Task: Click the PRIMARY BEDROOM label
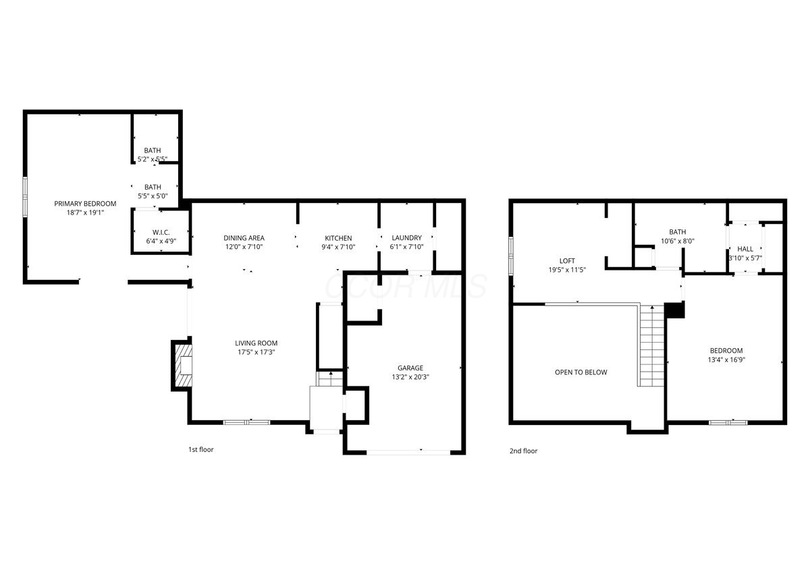pos(85,204)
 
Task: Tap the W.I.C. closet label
pos(161,233)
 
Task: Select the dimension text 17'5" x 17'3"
pos(256,352)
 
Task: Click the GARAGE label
pos(410,368)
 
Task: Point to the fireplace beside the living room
pos(183,366)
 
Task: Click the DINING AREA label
pos(244,238)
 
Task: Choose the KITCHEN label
pos(338,238)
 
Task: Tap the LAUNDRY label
pos(407,238)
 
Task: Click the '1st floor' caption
pos(201,449)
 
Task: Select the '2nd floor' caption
pos(524,451)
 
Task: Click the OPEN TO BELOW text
pos(581,372)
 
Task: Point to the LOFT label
pos(567,260)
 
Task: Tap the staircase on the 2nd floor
pos(652,346)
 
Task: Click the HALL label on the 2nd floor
pos(745,249)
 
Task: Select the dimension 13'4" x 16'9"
pos(726,360)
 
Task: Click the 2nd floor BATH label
pos(678,232)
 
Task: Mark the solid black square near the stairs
pos(675,310)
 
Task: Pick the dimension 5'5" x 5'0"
pos(153,196)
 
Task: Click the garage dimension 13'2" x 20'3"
pos(410,377)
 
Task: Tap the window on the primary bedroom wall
pos(25,197)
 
